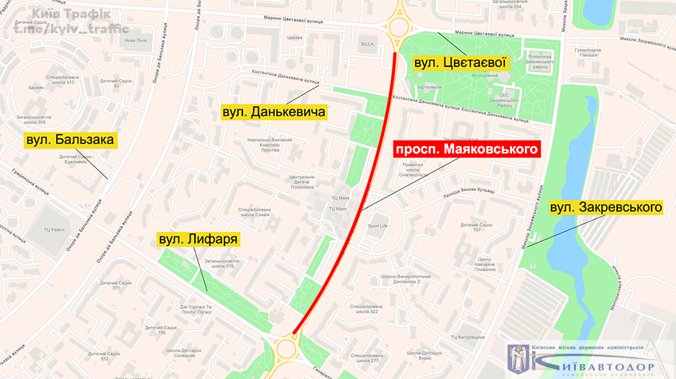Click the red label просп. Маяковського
(466, 149)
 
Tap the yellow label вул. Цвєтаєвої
(461, 63)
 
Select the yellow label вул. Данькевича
(274, 112)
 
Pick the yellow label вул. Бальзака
(70, 140)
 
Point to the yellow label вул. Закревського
(605, 208)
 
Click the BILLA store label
(367, 44)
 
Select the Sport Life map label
(378, 226)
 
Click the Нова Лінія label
(135, 40)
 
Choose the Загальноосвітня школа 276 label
(220, 263)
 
